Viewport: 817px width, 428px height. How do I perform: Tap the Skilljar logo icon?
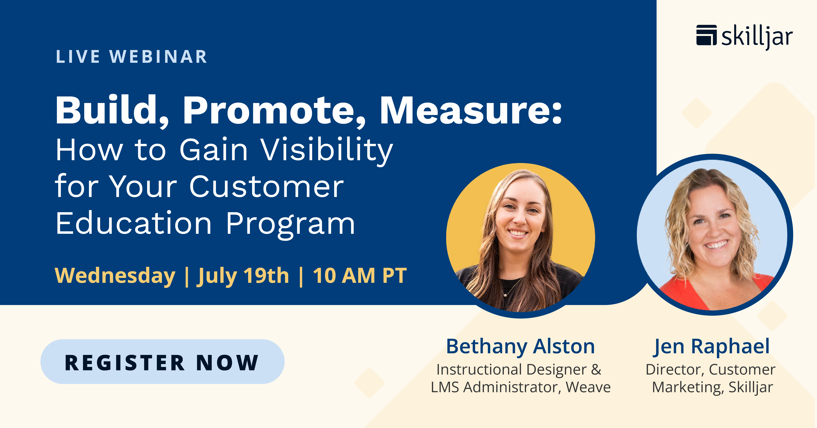[706, 35]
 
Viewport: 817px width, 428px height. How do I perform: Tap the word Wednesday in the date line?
[115, 275]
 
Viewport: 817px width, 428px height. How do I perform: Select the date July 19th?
[243, 275]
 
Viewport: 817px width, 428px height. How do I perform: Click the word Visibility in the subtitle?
[327, 151]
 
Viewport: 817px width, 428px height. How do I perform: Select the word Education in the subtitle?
[133, 224]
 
